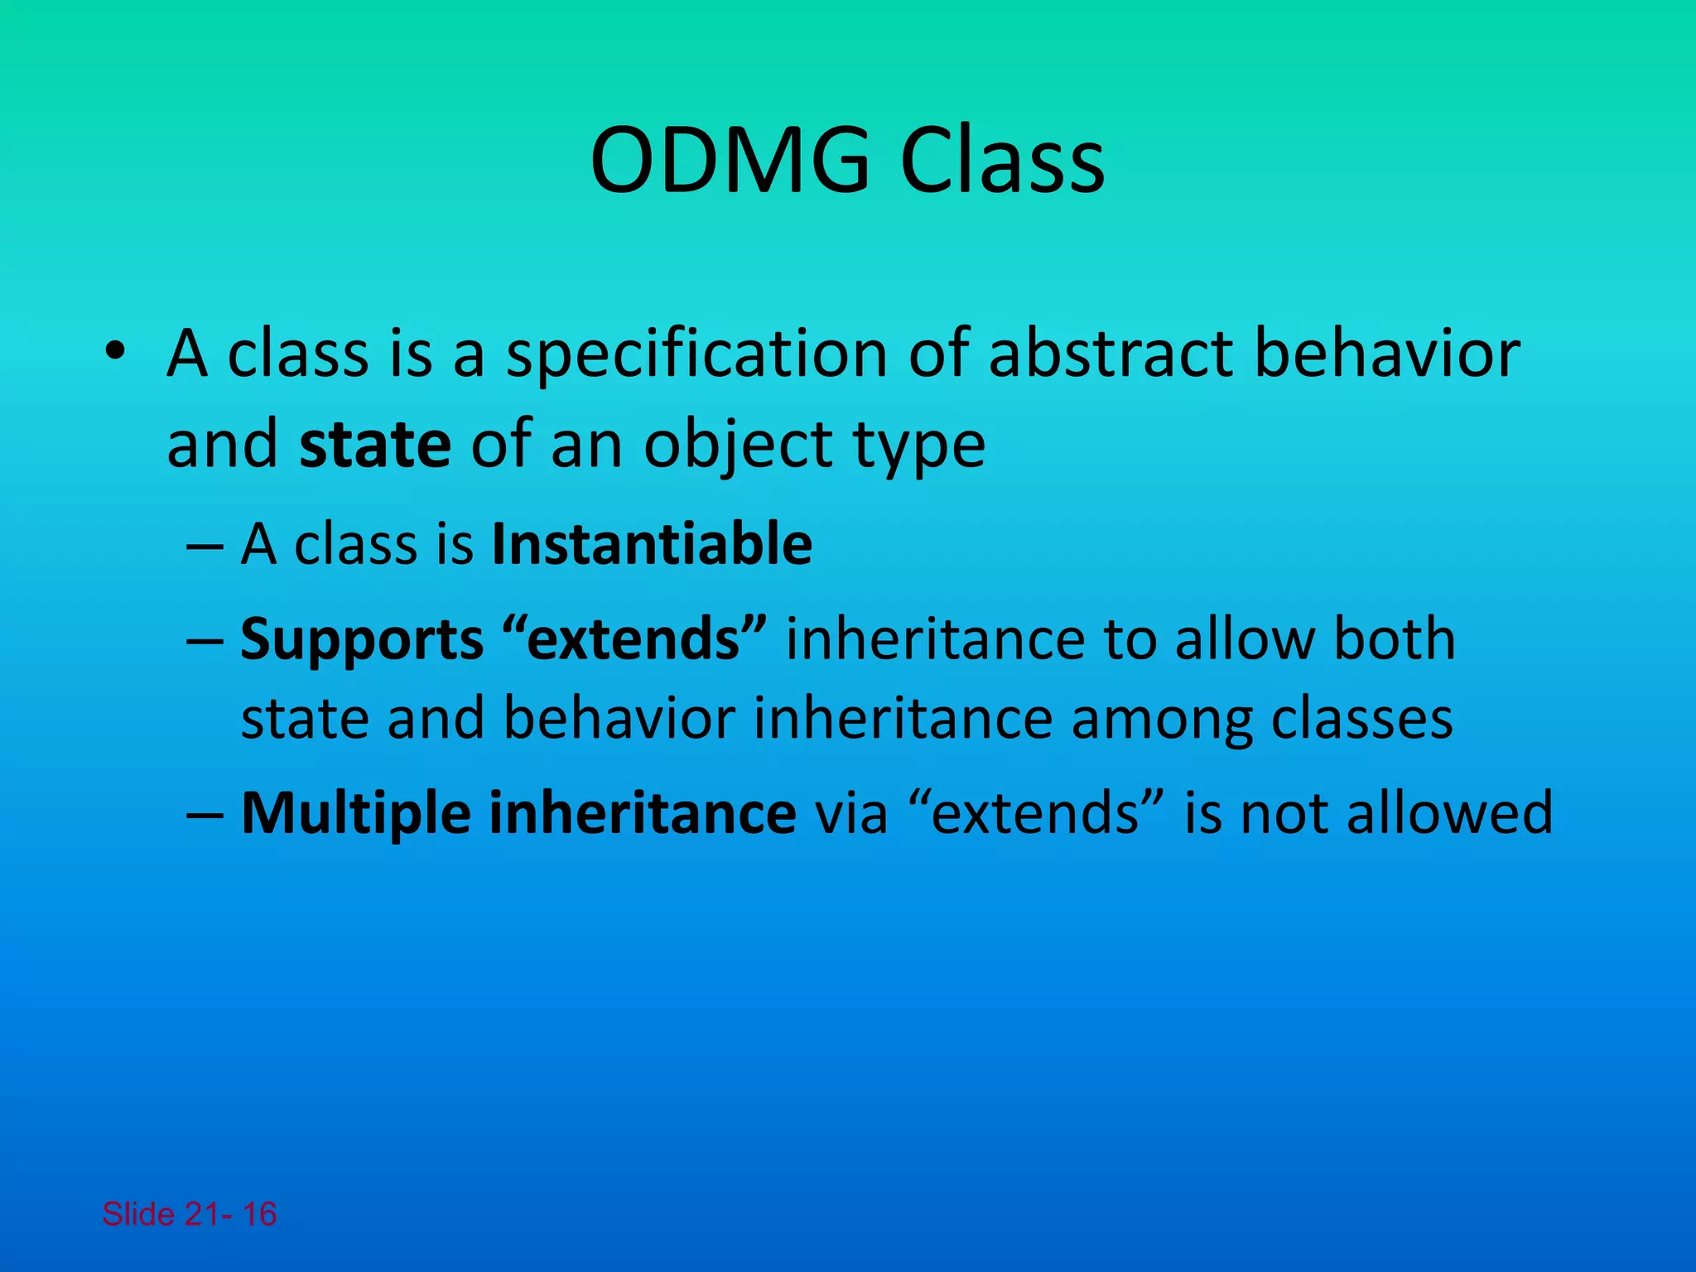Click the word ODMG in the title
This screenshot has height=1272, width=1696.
730,161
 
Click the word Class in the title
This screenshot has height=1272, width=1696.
1002,161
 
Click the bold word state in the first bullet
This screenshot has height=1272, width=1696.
375,445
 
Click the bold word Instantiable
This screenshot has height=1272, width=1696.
652,544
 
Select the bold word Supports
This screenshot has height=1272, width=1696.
362,641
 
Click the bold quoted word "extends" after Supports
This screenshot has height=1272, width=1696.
634,639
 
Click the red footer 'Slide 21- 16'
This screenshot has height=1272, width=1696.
190,1214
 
